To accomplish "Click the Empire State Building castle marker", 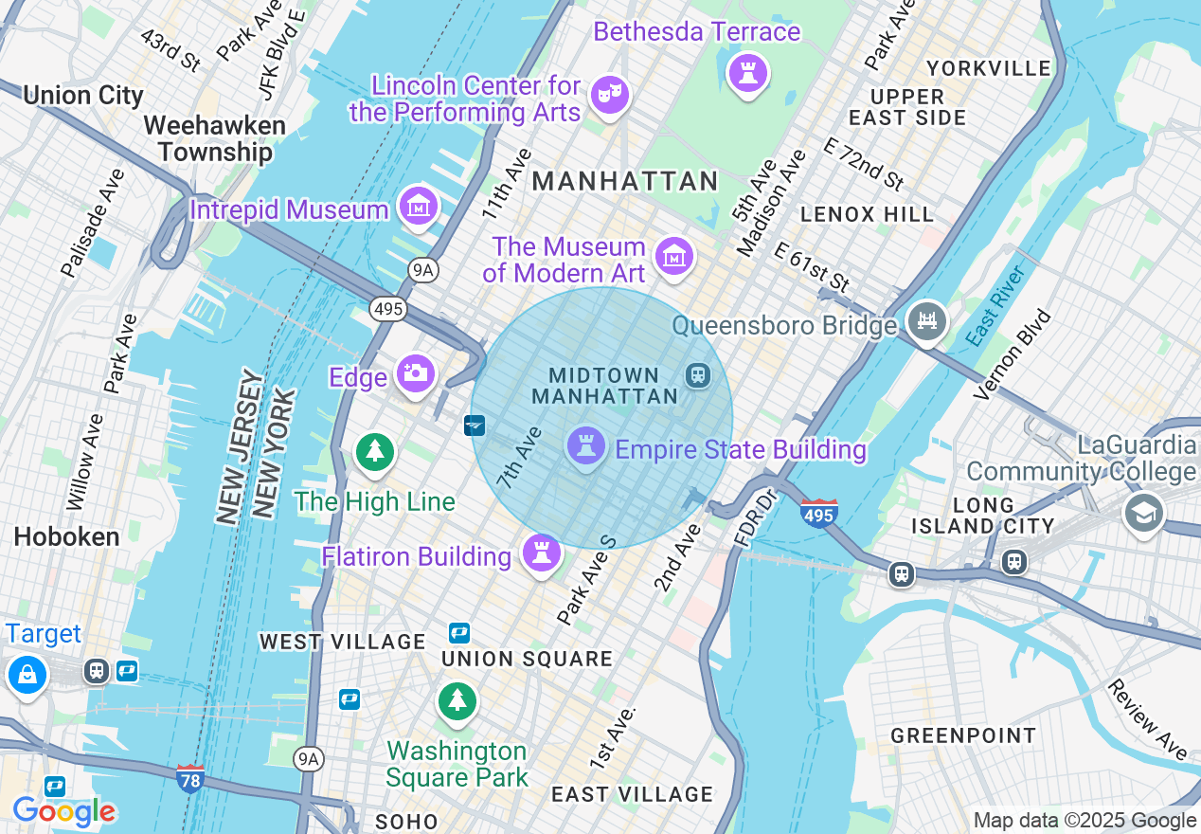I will tap(585, 445).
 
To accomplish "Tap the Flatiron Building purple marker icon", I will tap(542, 553).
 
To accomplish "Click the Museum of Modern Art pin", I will tap(674, 255).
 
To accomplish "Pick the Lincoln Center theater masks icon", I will tap(609, 95).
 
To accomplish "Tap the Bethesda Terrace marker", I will tap(747, 72).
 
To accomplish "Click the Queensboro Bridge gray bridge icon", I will tap(927, 322).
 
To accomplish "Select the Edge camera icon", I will tap(415, 374).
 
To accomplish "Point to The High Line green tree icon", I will tap(375, 451).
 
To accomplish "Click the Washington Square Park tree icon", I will tap(457, 700).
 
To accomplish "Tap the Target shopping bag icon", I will tap(27, 675).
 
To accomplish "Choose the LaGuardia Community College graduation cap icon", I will tap(1143, 513).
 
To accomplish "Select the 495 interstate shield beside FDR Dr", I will tap(818, 513).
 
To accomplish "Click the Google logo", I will tap(63, 811).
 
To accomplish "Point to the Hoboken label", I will tap(66, 536).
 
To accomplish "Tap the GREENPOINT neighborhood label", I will tap(963, 735).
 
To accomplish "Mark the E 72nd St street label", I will tap(863, 163).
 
